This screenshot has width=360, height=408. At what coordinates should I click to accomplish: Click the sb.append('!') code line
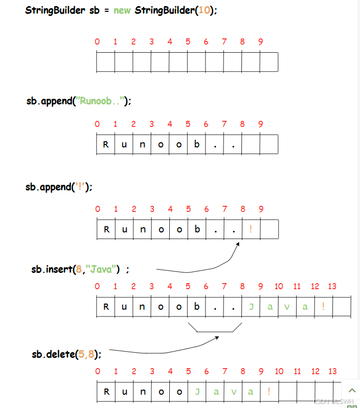(59, 187)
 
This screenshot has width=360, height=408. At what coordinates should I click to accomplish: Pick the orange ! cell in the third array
(251, 229)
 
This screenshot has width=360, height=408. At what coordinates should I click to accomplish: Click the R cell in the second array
(106, 144)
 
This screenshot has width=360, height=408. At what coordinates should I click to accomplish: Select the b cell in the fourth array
(197, 307)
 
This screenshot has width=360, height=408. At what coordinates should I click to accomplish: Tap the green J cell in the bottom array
(197, 392)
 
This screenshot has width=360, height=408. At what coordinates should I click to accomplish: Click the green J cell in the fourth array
(251, 307)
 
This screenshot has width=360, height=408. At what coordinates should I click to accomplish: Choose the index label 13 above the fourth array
(332, 286)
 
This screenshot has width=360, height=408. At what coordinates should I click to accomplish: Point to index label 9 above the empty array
(260, 41)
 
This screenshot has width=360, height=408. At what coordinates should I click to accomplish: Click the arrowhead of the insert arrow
(238, 245)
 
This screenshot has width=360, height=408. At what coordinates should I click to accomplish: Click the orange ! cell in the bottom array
(269, 392)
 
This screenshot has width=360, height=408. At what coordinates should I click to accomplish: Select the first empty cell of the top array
(106, 62)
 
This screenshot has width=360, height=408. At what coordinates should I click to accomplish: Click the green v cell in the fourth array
(287, 307)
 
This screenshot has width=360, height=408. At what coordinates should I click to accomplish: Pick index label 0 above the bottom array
(98, 371)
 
